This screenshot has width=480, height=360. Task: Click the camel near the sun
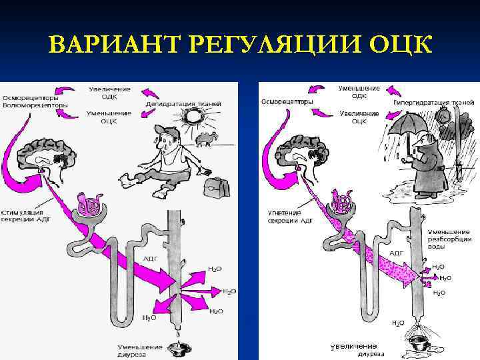pyautogui.click(x=208, y=137)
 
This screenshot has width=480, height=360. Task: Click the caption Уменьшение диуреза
pyautogui.click(x=140, y=351)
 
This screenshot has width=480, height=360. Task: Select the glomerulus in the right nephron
pyautogui.click(x=342, y=201)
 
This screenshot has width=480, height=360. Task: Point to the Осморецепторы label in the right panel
pyautogui.click(x=287, y=102)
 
